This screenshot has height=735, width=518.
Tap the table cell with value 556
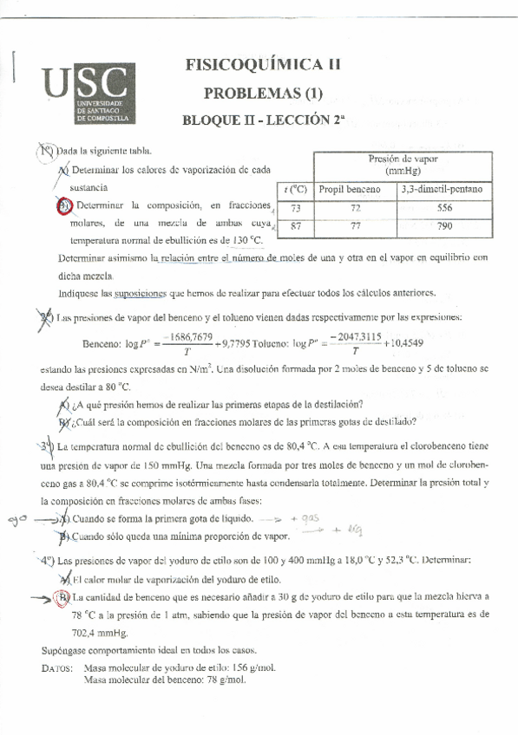tap(445, 208)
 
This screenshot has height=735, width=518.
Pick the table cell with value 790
tap(445, 227)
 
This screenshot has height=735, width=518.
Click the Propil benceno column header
tap(355, 189)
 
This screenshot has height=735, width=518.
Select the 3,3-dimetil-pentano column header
tap(445, 189)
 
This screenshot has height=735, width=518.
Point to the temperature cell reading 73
tap(296, 208)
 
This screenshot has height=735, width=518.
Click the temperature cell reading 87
tap(296, 227)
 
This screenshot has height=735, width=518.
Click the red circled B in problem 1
tap(63, 205)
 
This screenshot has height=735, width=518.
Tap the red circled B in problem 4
tap(63, 597)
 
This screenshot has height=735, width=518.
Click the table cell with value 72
tap(355, 208)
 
